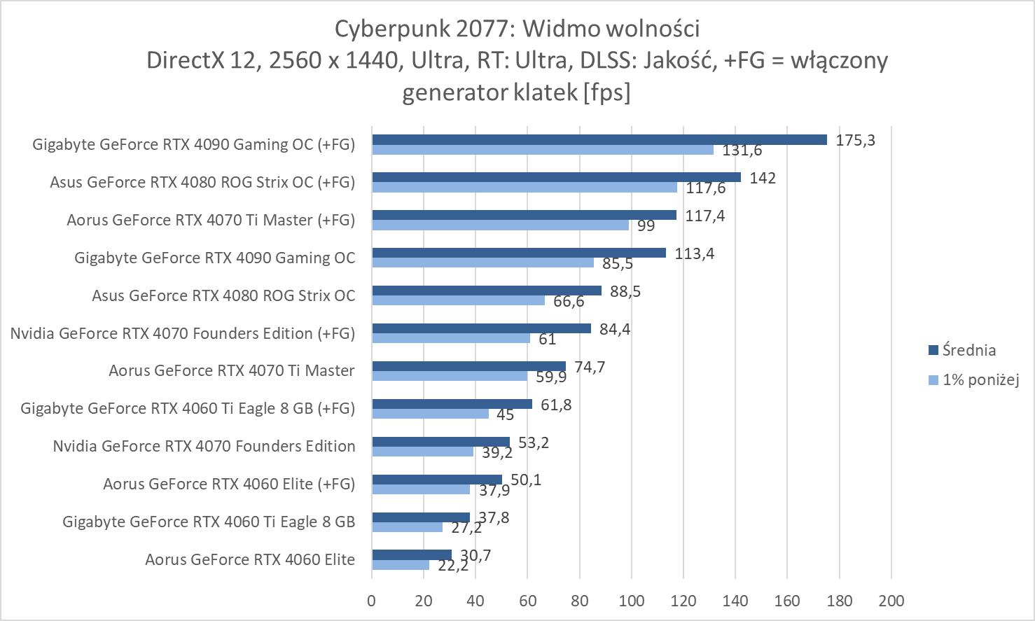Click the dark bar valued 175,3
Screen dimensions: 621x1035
pyautogui.click(x=599, y=140)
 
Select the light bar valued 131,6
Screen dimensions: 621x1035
pyautogui.click(x=543, y=150)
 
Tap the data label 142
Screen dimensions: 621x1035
pyautogui.click(x=763, y=178)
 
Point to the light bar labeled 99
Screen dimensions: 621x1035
pyautogui.click(x=500, y=225)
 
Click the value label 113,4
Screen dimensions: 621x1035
pyautogui.click(x=694, y=253)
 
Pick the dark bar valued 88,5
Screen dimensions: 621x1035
pyautogui.click(x=487, y=291)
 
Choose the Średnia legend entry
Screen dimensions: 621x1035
pyautogui.click(x=968, y=350)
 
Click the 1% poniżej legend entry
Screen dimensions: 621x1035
pyautogui.click(x=980, y=380)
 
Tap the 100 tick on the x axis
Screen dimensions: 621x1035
pyautogui.click(x=631, y=601)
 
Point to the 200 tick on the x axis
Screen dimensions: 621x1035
pyautogui.click(x=891, y=601)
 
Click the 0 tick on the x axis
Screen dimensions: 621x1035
pyautogui.click(x=372, y=601)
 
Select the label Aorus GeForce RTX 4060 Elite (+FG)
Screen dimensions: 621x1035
pyautogui.click(x=229, y=484)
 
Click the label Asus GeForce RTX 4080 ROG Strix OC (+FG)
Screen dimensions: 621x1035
pyautogui.click(x=202, y=182)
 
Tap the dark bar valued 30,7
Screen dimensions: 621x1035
pyautogui.click(x=412, y=555)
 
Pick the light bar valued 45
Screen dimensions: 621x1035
pyautogui.click(x=430, y=414)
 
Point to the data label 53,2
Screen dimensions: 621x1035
pyautogui.click(x=534, y=442)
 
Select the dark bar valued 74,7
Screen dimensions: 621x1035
pyautogui.click(x=468, y=366)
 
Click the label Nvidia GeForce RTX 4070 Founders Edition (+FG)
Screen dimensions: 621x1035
pyautogui.click(x=183, y=333)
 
